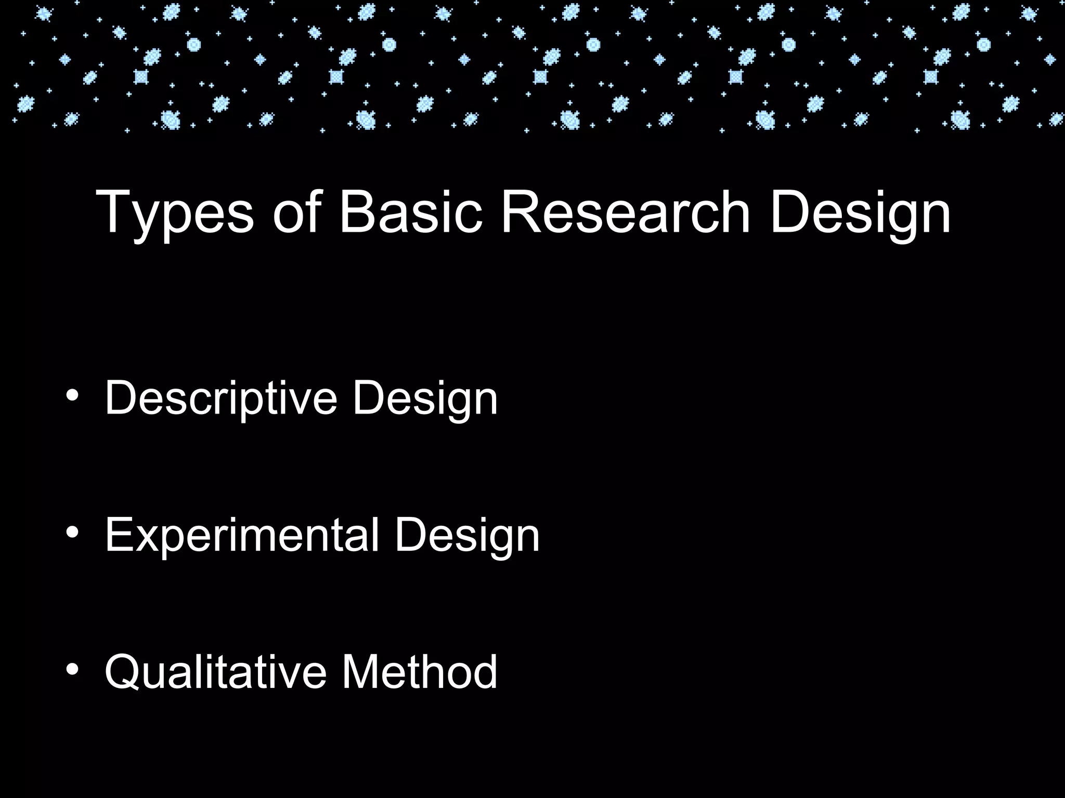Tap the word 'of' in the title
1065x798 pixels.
click(296, 211)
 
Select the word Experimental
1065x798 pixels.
click(242, 537)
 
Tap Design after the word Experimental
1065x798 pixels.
click(467, 537)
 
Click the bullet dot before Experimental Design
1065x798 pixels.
click(72, 533)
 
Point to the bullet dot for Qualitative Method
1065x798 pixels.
click(72, 669)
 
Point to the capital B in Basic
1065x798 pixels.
click(359, 211)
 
